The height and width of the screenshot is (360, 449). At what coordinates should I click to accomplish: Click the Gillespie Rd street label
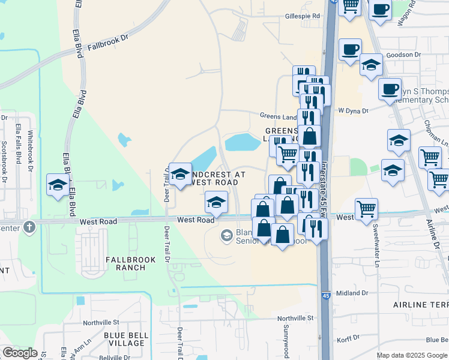[x=302, y=16]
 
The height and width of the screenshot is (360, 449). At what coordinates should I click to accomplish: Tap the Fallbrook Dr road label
[x=108, y=46]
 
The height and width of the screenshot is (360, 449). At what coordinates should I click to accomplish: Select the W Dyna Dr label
[x=352, y=110]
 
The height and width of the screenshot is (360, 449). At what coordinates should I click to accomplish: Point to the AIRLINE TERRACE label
[x=421, y=305]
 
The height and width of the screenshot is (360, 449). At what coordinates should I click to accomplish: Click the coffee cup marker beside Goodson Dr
[x=350, y=49]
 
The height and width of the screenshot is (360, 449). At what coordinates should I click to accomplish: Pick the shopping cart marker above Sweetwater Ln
[x=366, y=209]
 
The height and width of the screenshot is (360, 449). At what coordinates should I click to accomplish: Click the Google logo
[x=20, y=353]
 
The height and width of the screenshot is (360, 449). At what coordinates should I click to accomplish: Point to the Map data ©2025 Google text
[x=411, y=355]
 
